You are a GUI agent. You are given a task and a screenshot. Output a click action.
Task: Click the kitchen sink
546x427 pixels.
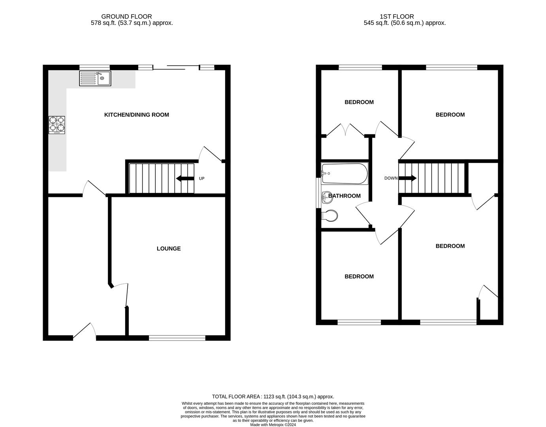click(95, 78)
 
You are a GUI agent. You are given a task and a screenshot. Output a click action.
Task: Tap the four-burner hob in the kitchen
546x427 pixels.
click(57, 125)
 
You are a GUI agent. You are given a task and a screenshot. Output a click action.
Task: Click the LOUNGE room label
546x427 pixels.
click(169, 249)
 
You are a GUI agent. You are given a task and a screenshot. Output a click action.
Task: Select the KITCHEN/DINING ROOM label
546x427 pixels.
click(136, 115)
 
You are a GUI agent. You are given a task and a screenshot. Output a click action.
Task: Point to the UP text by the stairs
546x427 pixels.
click(201, 179)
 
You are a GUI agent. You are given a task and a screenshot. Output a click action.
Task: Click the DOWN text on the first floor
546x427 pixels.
click(391, 178)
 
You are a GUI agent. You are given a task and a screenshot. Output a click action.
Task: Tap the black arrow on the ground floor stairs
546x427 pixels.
click(185, 179)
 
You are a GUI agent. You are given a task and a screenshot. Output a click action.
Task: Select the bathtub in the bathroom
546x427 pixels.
click(345, 174)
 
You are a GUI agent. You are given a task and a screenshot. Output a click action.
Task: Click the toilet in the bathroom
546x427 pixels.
click(329, 216)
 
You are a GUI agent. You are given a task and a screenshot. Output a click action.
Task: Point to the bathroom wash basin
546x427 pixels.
click(327, 196)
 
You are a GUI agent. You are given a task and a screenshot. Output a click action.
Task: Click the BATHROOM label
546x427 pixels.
click(345, 196)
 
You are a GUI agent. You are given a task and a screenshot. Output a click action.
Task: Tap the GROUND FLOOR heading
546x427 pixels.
click(126, 17)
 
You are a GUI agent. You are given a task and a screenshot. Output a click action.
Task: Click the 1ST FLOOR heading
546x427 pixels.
click(397, 17)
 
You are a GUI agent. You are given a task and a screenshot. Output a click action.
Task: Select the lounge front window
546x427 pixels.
click(177, 338)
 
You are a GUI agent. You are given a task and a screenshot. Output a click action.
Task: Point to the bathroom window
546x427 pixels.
click(318, 193)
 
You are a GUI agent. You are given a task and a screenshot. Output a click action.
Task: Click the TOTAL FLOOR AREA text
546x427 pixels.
click(273, 397)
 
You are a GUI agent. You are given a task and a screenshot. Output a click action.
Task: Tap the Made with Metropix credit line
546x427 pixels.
click(273, 425)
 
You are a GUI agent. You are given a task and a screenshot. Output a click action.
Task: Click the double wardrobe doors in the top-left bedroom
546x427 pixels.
click(346, 130)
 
